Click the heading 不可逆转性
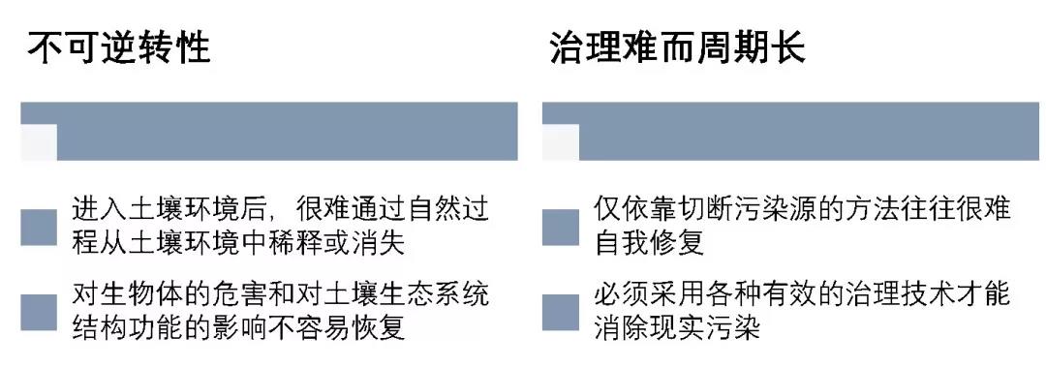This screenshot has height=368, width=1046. tap(118, 47)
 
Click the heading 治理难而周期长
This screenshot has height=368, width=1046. tap(677, 47)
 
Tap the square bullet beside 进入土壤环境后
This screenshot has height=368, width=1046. tap(39, 226)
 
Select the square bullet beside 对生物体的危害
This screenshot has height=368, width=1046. tap(39, 312)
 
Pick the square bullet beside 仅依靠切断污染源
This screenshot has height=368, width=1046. tap(560, 226)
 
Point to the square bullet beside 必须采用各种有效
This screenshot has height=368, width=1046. tap(560, 312)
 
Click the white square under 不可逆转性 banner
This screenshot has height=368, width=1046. tap(39, 141)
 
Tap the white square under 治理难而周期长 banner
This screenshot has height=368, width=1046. tap(560, 141)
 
